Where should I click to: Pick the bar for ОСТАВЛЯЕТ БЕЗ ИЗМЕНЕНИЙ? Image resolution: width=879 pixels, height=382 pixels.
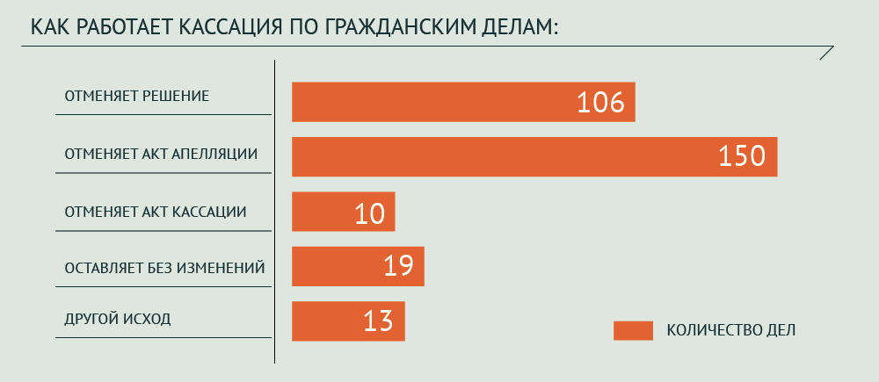tap(334, 266)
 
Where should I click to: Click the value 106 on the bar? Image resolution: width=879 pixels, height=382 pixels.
tap(599, 103)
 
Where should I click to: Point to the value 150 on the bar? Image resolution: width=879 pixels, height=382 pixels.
tap(742, 157)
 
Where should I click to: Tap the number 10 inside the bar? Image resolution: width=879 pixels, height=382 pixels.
tap(370, 213)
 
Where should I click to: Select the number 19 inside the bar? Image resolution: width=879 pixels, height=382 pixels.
tap(398, 267)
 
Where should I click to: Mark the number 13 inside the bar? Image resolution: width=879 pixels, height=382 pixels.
tap(378, 321)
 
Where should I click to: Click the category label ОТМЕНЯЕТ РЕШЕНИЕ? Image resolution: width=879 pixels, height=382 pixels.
tap(136, 96)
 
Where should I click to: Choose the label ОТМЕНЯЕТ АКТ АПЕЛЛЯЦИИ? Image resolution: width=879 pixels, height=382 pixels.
tap(161, 154)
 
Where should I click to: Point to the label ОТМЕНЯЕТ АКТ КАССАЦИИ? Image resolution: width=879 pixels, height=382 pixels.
tap(156, 212)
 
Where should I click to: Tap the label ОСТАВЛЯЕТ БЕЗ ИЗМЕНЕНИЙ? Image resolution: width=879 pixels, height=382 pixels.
tap(164, 267)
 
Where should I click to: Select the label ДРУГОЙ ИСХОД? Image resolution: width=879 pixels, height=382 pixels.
tap(118, 319)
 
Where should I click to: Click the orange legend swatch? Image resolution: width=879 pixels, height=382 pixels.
tap(633, 330)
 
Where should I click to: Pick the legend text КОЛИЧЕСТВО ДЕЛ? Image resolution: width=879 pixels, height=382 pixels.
tap(731, 330)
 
